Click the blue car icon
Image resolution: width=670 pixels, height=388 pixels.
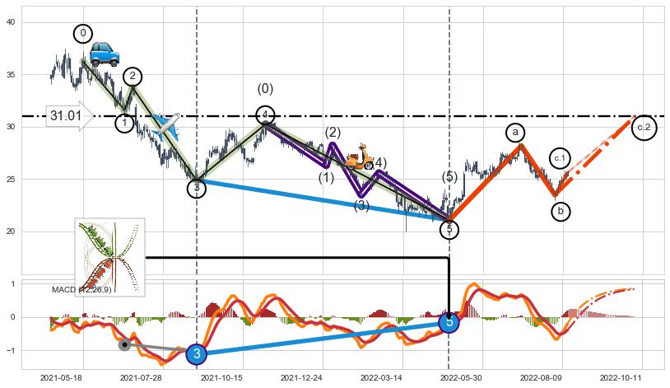(105, 54)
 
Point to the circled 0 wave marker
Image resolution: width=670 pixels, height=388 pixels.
(83, 34)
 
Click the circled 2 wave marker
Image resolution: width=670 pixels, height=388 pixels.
(133, 77)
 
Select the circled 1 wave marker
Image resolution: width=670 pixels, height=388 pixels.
(124, 123)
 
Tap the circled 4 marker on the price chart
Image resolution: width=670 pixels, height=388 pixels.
(265, 115)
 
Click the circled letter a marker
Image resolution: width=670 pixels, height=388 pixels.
(515, 132)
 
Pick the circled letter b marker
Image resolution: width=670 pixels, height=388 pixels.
(561, 212)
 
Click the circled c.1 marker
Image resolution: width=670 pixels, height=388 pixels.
(560, 158)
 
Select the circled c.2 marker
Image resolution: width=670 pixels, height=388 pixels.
(644, 128)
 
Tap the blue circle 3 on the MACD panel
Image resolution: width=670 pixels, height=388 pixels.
(197, 354)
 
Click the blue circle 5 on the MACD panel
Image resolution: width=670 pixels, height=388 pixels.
(449, 322)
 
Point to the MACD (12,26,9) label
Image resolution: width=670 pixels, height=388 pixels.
(81, 290)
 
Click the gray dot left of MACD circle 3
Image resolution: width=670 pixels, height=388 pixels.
(124, 344)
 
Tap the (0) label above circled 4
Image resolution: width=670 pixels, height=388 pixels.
(265, 89)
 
